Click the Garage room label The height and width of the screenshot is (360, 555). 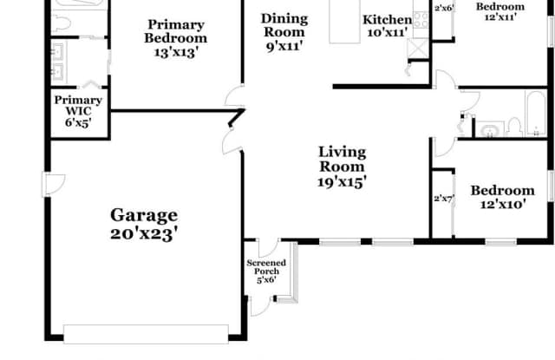pyautogui.click(x=144, y=215)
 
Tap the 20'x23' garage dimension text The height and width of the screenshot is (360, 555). pyautogui.click(x=144, y=234)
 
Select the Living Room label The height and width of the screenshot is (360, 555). pyautogui.click(x=342, y=160)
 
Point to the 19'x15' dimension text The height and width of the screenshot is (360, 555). pyautogui.click(x=342, y=182)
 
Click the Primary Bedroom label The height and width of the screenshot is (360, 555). pyautogui.click(x=175, y=31)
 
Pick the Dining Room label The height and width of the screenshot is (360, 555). pyautogui.click(x=284, y=25)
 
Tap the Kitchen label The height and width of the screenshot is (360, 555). pyautogui.click(x=388, y=19)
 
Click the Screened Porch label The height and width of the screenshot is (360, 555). pyautogui.click(x=266, y=267)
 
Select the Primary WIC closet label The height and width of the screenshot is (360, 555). pyautogui.click(x=78, y=106)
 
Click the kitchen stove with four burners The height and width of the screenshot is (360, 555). pyautogui.click(x=421, y=20)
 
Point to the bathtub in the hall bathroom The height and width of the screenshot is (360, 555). pyautogui.click(x=536, y=114)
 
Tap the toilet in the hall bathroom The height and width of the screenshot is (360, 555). pyautogui.click(x=514, y=128)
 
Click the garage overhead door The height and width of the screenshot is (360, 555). pyautogui.click(x=146, y=334)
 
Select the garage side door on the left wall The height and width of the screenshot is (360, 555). pyautogui.click(x=53, y=184)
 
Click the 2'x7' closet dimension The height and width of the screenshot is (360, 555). pyautogui.click(x=443, y=199)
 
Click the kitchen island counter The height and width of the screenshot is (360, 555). pyautogui.click(x=345, y=22)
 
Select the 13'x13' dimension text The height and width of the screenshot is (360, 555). pyautogui.click(x=175, y=52)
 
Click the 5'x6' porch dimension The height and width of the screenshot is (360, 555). pyautogui.click(x=266, y=280)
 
